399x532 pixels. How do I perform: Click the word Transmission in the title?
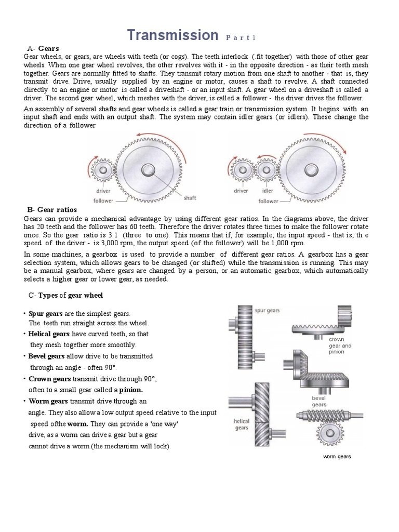[173, 35]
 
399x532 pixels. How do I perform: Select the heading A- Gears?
[44, 48]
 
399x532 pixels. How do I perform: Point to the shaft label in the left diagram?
[190, 197]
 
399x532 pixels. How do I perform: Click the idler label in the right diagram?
[268, 191]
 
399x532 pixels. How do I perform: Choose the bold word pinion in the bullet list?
[131, 389]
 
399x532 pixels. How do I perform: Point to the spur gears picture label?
[267, 311]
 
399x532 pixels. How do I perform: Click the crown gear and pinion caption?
[340, 345]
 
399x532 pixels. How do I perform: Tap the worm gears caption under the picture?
[337, 457]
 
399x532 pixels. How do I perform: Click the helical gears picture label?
[242, 424]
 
